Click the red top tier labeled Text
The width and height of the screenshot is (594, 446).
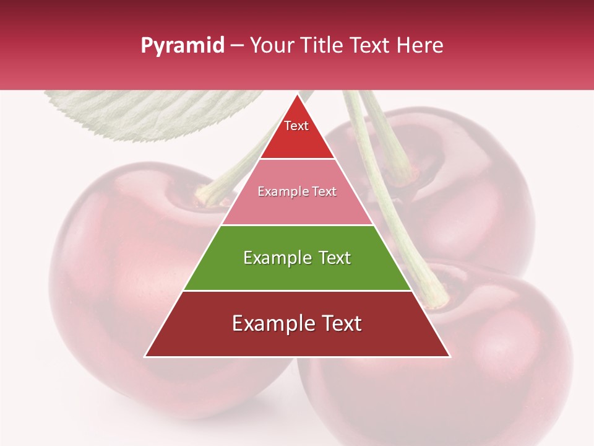coord(296,133)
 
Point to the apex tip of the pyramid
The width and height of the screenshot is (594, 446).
coord(297,95)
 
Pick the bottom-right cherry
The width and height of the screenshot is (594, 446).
coord(483,372)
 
